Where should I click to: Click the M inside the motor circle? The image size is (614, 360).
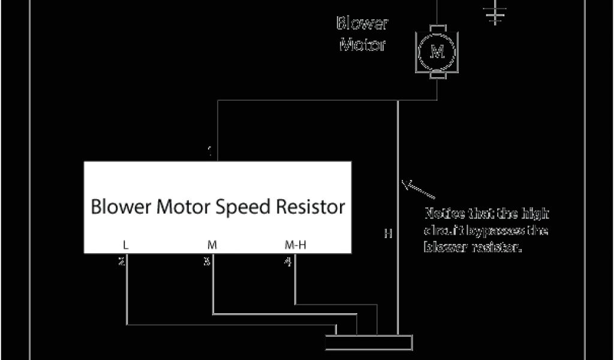pyautogui.click(x=437, y=52)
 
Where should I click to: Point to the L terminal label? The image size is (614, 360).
pyautogui.click(x=125, y=245)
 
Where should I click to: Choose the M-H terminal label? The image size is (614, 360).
pyautogui.click(x=295, y=245)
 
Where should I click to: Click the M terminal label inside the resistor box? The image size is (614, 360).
pyautogui.click(x=212, y=245)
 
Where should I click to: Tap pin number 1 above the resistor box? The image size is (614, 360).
pyautogui.click(x=210, y=152)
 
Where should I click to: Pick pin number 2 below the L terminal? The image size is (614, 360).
pyautogui.click(x=122, y=262)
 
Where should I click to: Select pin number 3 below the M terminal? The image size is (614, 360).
pyautogui.click(x=207, y=262)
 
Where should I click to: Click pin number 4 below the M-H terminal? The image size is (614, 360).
pyautogui.click(x=288, y=262)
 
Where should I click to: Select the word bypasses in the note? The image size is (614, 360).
pyautogui.click(x=489, y=230)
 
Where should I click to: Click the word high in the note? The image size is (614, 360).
pyautogui.click(x=537, y=214)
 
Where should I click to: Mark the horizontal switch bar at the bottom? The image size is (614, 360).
pyautogui.click(x=368, y=342)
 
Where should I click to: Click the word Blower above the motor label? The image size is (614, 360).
pyautogui.click(x=362, y=24)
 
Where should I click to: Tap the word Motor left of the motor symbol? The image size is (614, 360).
pyautogui.click(x=362, y=44)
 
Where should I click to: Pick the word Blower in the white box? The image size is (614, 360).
pyautogui.click(x=121, y=207)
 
